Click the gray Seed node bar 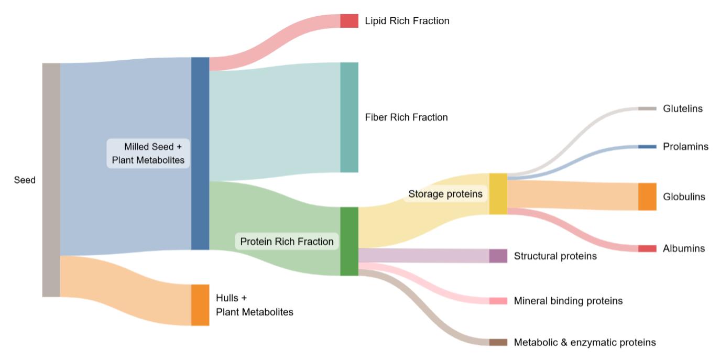tap(51, 180)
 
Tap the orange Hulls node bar tap(200, 305)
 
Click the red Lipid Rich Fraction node tap(349, 21)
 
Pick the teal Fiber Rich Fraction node tap(349, 117)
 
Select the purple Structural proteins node tap(498, 256)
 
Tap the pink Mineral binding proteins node tap(498, 301)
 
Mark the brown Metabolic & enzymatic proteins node tap(498, 342)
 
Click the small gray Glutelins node tap(647, 108)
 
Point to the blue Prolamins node tap(647, 147)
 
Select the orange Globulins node tap(647, 197)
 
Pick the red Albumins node tap(647, 248)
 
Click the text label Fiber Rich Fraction tap(406, 117)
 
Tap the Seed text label tap(25, 180)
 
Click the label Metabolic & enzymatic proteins tap(585, 343)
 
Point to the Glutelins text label tap(682, 108)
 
